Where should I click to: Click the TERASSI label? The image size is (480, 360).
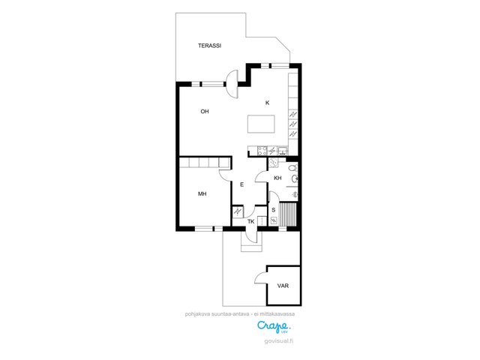[x=209, y=46]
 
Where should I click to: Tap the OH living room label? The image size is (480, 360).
[x=205, y=112]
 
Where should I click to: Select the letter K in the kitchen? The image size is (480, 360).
[x=267, y=103]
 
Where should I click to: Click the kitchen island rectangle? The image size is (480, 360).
[x=261, y=124]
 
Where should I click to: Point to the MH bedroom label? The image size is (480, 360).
[x=202, y=193]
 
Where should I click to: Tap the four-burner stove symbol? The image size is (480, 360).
[x=262, y=151]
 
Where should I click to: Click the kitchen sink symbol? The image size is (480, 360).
[x=283, y=151]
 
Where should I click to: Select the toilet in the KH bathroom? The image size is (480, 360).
[x=293, y=168]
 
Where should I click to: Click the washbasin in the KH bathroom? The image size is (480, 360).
[x=295, y=178]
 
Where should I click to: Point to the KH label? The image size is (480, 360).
[x=277, y=178]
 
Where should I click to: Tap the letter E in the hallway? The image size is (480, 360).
[x=241, y=184]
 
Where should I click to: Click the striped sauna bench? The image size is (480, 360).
[x=288, y=214]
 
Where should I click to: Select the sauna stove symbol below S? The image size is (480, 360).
[x=274, y=220]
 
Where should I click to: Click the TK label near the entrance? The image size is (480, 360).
[x=250, y=222]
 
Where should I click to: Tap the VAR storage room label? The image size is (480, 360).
[x=283, y=286]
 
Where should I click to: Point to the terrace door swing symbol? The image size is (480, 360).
[x=232, y=84]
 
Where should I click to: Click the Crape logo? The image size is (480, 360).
[x=273, y=326]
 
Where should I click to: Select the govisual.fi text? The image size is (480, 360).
[x=278, y=341]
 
